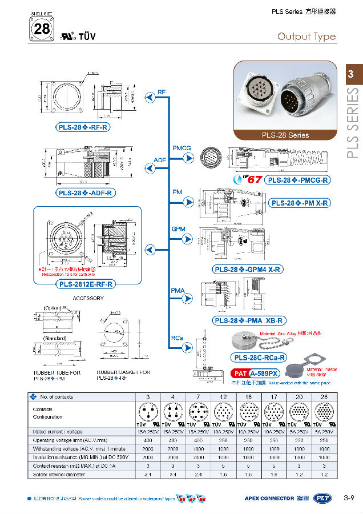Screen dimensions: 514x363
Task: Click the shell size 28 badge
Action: pos(41,29)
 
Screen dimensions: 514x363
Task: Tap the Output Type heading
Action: pos(306,37)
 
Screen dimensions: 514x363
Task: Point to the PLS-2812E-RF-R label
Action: pos(86,284)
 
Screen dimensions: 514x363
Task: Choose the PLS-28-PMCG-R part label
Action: pos(298,180)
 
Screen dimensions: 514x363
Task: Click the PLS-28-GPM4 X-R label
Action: pos(248,270)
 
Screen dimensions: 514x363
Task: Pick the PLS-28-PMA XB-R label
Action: pos(249,321)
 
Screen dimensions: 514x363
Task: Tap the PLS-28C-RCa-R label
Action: pos(259,358)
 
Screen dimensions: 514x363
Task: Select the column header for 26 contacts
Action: pos(324,396)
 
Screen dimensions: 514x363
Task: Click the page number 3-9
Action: pos(349,498)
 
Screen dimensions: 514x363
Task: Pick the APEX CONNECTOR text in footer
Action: pos(269,499)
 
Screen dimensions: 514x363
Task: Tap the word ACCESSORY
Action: pos(88,298)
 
